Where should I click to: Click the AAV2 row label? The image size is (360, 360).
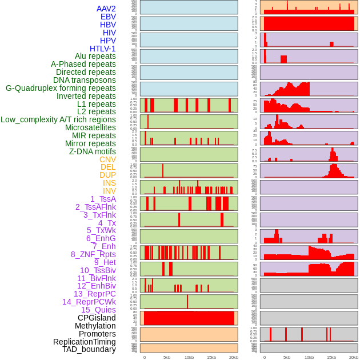click(x=106, y=9)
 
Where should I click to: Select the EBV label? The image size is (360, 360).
click(x=108, y=17)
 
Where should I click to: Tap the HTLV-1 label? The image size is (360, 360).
click(x=102, y=49)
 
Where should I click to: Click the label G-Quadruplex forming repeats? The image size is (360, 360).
click(x=61, y=88)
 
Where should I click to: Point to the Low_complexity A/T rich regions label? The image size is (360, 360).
click(x=58, y=119)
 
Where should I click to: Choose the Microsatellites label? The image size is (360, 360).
click(x=90, y=127)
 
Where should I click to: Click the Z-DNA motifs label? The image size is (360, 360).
click(x=92, y=151)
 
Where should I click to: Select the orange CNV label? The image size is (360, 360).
click(x=107, y=159)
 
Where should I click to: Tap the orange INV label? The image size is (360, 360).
click(x=109, y=191)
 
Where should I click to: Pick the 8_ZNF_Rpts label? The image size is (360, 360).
click(x=93, y=254)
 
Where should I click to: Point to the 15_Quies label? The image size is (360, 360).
click(x=98, y=310)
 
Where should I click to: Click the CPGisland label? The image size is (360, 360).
click(x=97, y=318)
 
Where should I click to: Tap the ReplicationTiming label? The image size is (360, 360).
click(x=85, y=342)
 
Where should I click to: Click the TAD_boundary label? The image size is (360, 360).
click(x=89, y=349)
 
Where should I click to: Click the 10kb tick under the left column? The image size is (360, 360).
click(x=189, y=357)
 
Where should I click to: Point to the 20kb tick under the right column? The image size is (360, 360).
click(x=354, y=357)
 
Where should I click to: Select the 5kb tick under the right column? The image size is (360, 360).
click(x=287, y=357)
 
